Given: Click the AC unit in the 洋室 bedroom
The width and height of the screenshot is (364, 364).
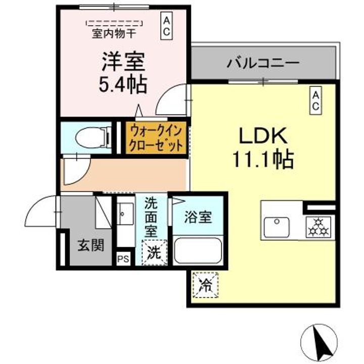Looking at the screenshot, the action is (166, 27).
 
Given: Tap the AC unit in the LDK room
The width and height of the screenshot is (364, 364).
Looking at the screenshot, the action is (315, 101).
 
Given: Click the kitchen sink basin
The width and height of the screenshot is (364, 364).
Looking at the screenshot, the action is (277, 227).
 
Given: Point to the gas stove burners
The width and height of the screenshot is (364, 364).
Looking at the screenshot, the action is (319, 227).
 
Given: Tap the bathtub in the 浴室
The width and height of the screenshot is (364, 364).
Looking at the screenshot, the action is (198, 251).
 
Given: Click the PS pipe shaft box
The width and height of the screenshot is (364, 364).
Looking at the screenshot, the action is (123, 259).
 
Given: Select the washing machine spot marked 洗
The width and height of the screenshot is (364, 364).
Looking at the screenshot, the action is (154, 253).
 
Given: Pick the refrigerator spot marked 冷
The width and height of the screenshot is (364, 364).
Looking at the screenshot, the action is (206, 285).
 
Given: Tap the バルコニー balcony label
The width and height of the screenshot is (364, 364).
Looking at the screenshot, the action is (263, 63).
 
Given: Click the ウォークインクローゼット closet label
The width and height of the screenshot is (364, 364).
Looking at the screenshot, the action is (156, 138).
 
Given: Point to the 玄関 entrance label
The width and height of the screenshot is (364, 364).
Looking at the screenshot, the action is (90, 245).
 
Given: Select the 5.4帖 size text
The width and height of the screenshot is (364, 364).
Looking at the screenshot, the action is (123, 84).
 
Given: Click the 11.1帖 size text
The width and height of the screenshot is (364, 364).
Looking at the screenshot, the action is (263, 159).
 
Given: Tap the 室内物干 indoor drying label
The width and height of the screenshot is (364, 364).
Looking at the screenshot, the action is (114, 34).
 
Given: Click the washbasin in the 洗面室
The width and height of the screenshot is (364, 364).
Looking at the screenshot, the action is (125, 213).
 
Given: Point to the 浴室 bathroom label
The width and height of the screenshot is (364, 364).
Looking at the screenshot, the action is (198, 217).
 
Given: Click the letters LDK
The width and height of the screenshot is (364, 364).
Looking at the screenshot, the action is (263, 136).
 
